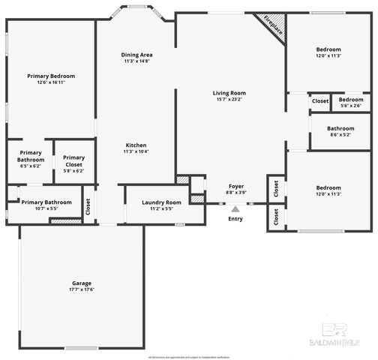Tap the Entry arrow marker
click(235, 210)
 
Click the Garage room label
click(82, 283)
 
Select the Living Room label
click(229, 93)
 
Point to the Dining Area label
click(136, 55)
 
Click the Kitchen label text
click(136, 145)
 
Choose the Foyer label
click(235, 186)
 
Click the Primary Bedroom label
click(51, 76)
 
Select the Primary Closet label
click(73, 160)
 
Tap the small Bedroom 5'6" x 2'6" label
click(350, 100)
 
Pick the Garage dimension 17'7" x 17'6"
click(82, 289)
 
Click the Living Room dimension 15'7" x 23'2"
click(229, 100)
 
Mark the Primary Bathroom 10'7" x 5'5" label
click(46, 202)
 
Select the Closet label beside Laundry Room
click(88, 206)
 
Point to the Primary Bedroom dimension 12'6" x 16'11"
click(51, 83)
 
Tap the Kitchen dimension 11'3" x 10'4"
click(136, 151)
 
